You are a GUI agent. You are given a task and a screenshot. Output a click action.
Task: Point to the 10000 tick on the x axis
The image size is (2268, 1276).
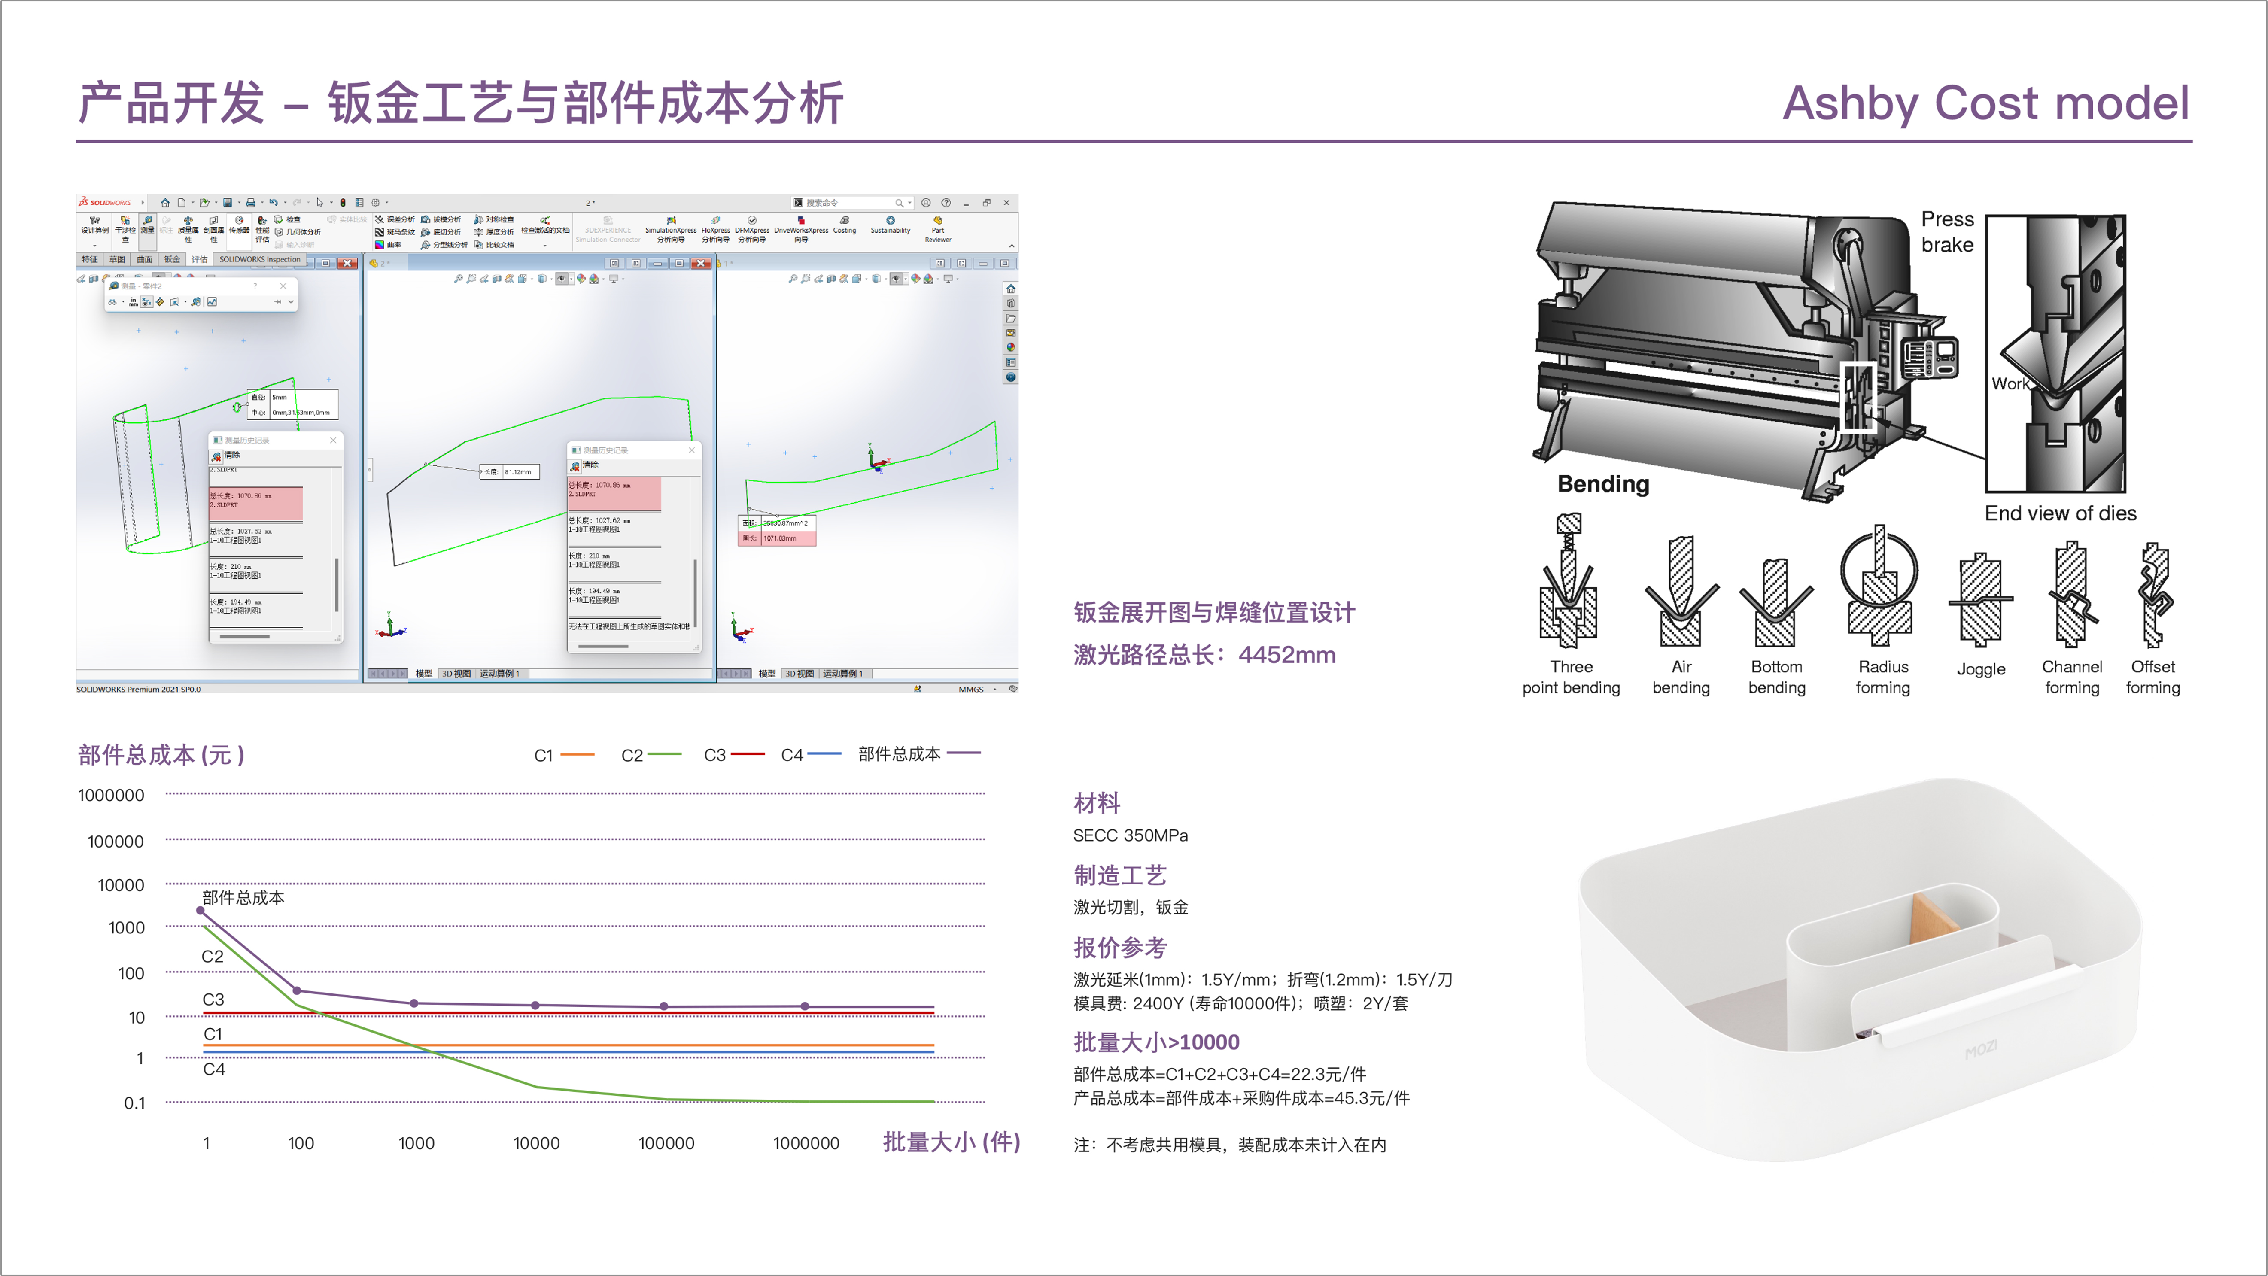(536, 1143)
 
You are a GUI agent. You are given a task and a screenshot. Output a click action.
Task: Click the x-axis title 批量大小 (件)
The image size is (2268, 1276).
(951, 1142)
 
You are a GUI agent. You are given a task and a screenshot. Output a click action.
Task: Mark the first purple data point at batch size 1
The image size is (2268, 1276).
(201, 911)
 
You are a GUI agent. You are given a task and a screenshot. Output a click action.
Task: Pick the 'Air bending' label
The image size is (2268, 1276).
(1681, 677)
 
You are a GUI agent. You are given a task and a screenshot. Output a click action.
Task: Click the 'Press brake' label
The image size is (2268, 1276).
(1947, 231)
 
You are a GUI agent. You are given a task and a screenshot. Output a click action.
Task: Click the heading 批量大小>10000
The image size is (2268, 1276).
(1156, 1042)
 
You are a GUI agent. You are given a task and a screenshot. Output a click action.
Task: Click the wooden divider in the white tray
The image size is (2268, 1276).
(1934, 925)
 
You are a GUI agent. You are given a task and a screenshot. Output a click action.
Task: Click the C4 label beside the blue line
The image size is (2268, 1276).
(214, 1069)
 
